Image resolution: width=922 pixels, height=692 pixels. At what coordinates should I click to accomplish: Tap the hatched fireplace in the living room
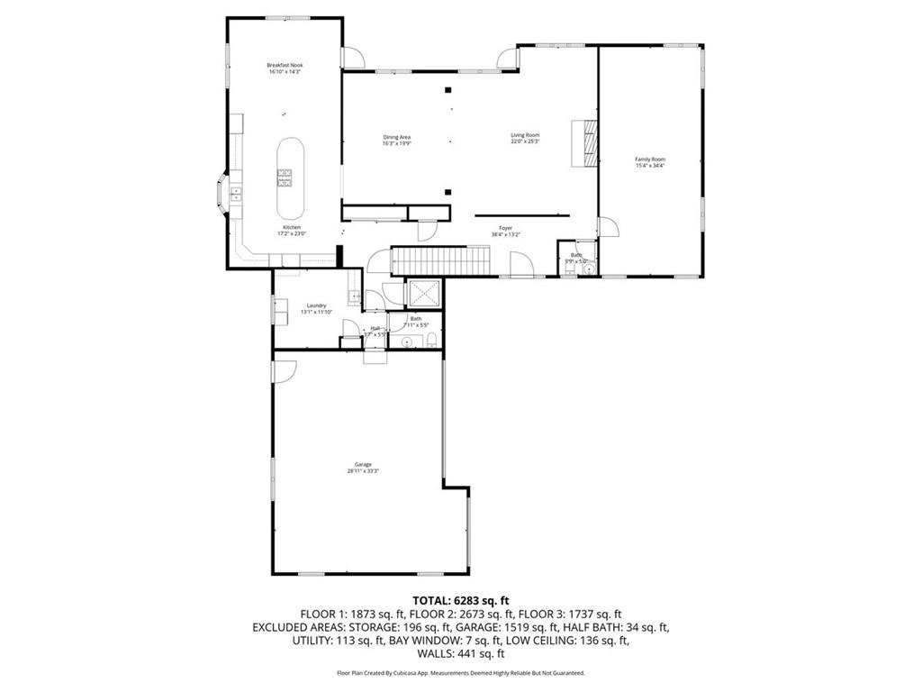[587, 143]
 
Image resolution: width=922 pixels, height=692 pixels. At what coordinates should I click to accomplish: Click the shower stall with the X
[422, 293]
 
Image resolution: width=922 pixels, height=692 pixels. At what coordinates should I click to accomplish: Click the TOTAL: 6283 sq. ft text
[460, 600]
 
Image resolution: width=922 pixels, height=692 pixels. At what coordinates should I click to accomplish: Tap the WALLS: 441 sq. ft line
[460, 653]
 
